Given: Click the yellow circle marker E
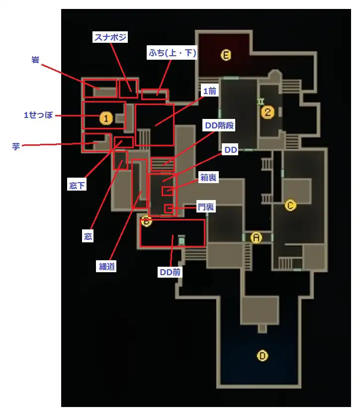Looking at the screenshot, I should coord(226,56).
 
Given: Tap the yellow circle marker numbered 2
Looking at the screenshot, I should coord(268,112).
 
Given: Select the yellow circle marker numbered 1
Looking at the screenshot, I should coord(105,118).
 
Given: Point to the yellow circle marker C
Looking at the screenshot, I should coord(290,205).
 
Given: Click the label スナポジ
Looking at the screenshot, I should coord(110,37).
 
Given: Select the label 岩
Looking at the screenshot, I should coord(35,61).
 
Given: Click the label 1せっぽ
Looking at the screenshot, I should coord(38,115).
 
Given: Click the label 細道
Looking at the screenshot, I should coord(107,266).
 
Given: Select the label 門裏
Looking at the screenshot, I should coord(205,207).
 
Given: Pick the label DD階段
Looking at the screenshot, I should coord(219,126).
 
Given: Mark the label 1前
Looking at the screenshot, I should coord(209,92).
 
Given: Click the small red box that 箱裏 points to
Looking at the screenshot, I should coord(168,192).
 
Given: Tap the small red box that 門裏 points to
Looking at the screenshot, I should coord(169,208).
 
